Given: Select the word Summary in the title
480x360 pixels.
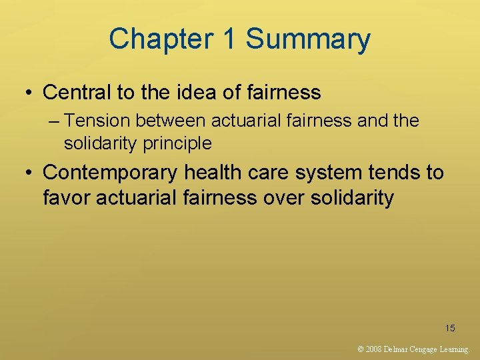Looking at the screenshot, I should click(308, 39).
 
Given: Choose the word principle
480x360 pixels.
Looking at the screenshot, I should click(179, 143).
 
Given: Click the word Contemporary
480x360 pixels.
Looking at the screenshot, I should click(111, 173).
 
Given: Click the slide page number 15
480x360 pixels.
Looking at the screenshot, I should click(450, 327).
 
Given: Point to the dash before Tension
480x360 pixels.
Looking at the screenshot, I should click(54, 121).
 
